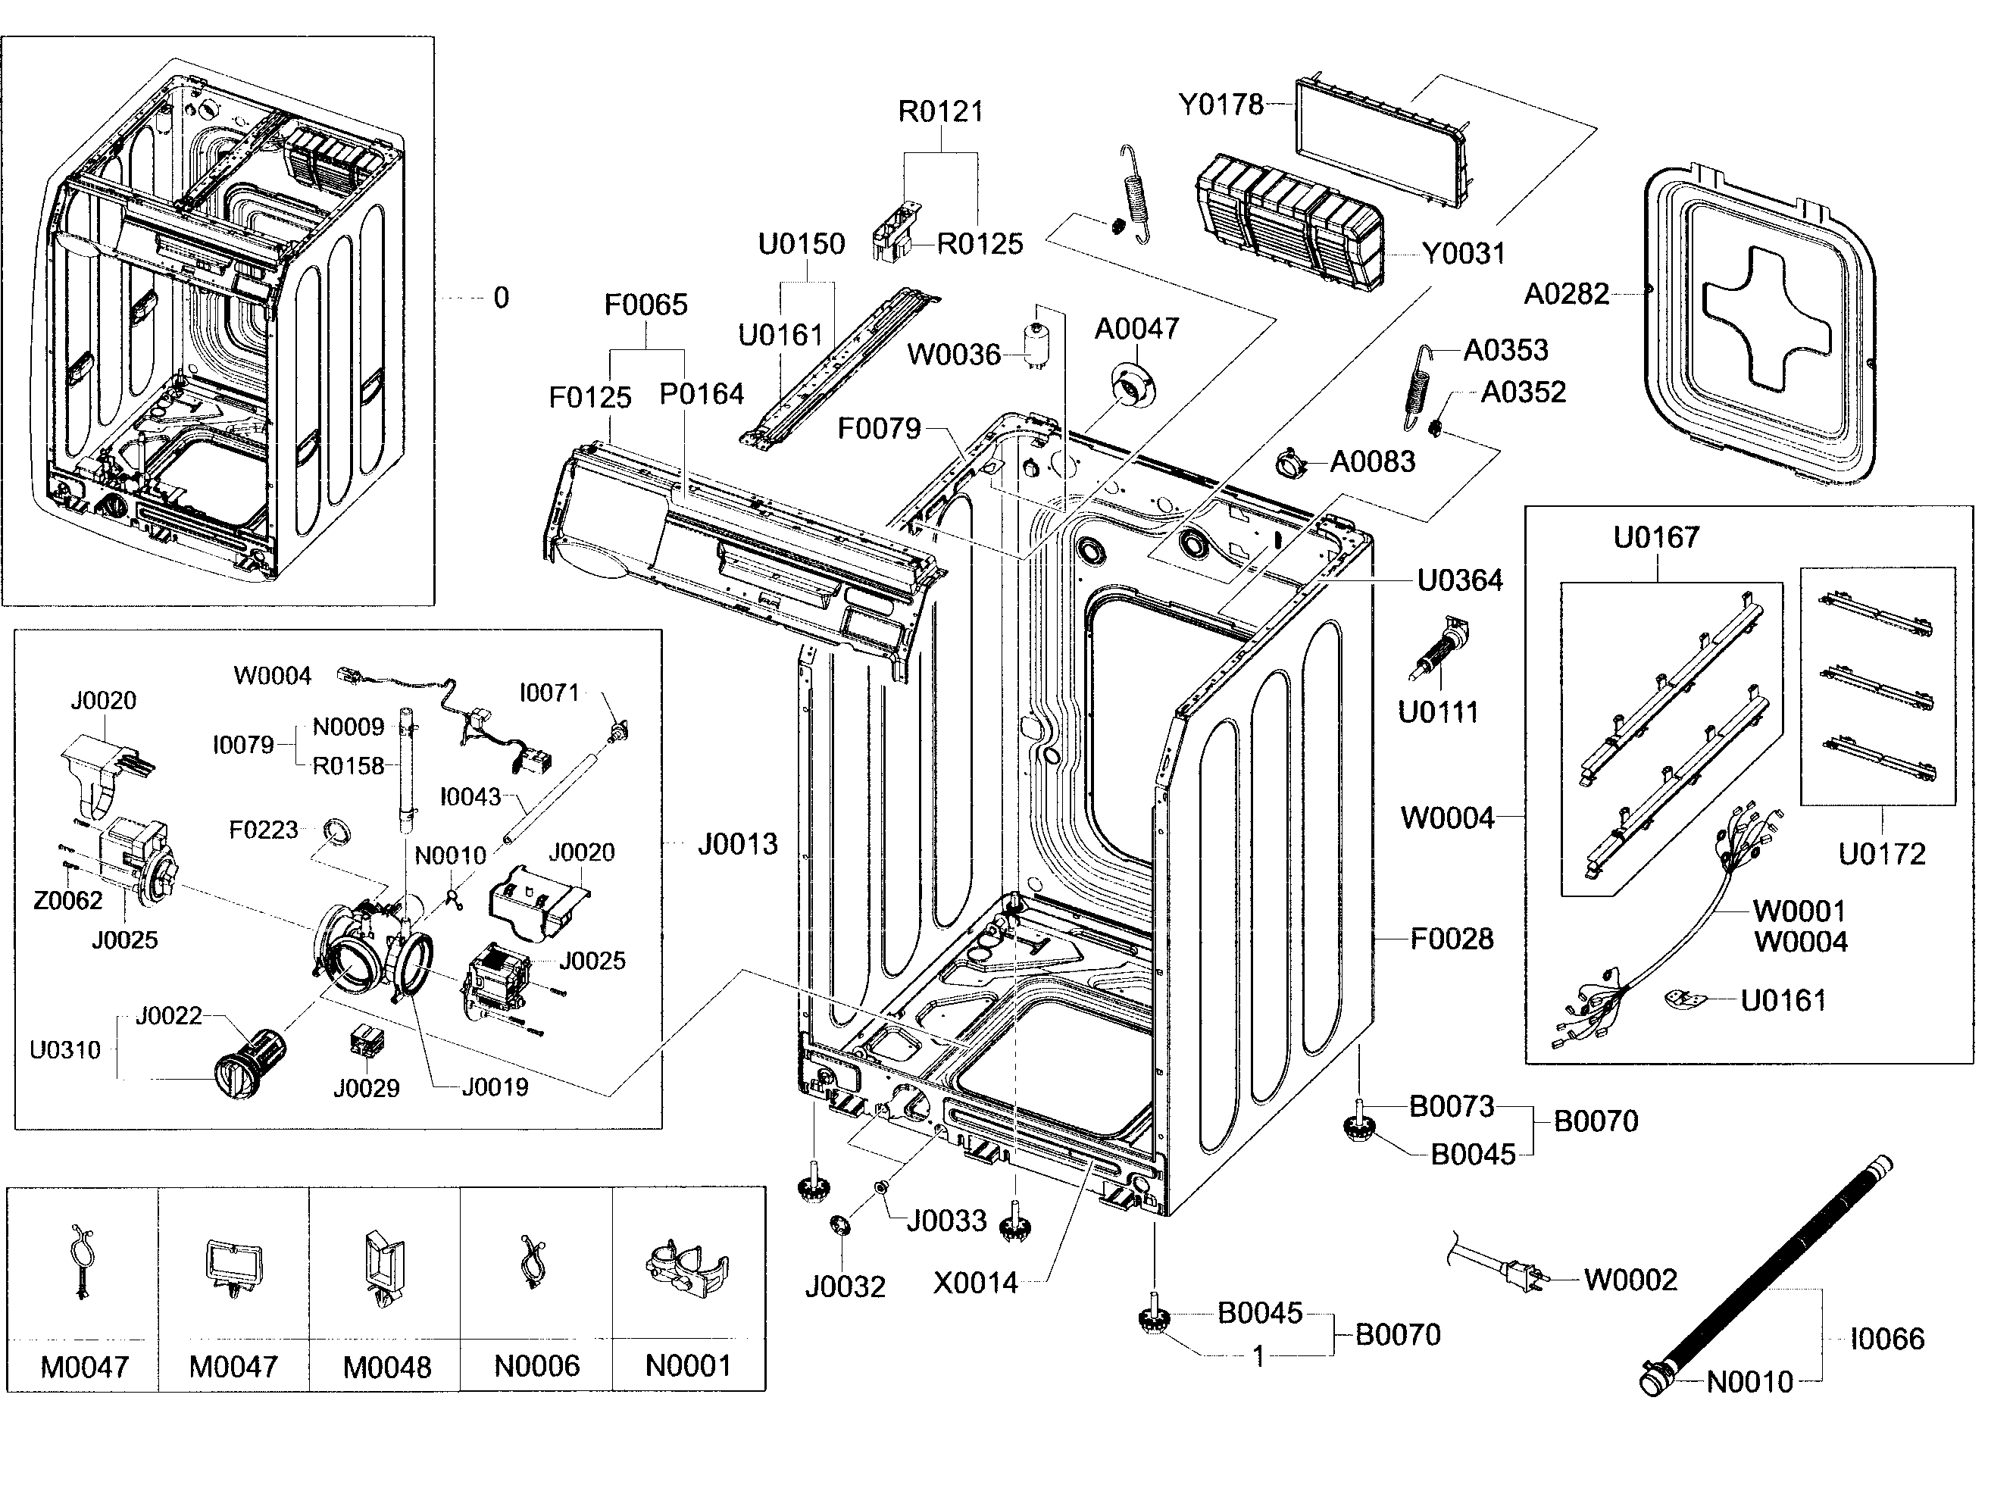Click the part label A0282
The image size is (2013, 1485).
(x=1565, y=294)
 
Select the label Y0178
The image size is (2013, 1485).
(x=1221, y=105)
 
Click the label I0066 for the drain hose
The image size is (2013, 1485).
(x=1886, y=1340)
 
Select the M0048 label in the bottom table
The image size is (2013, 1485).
(x=386, y=1368)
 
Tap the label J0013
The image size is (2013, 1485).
(x=737, y=844)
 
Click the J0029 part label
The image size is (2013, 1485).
(x=366, y=1089)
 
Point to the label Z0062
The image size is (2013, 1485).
(x=67, y=900)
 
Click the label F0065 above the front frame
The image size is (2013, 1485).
(x=645, y=305)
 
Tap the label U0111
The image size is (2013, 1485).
(x=1438, y=713)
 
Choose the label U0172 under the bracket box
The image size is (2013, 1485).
(x=1881, y=854)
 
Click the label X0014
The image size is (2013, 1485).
(x=975, y=1283)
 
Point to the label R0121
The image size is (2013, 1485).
(x=940, y=111)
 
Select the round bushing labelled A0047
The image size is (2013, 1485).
(x=1133, y=386)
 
